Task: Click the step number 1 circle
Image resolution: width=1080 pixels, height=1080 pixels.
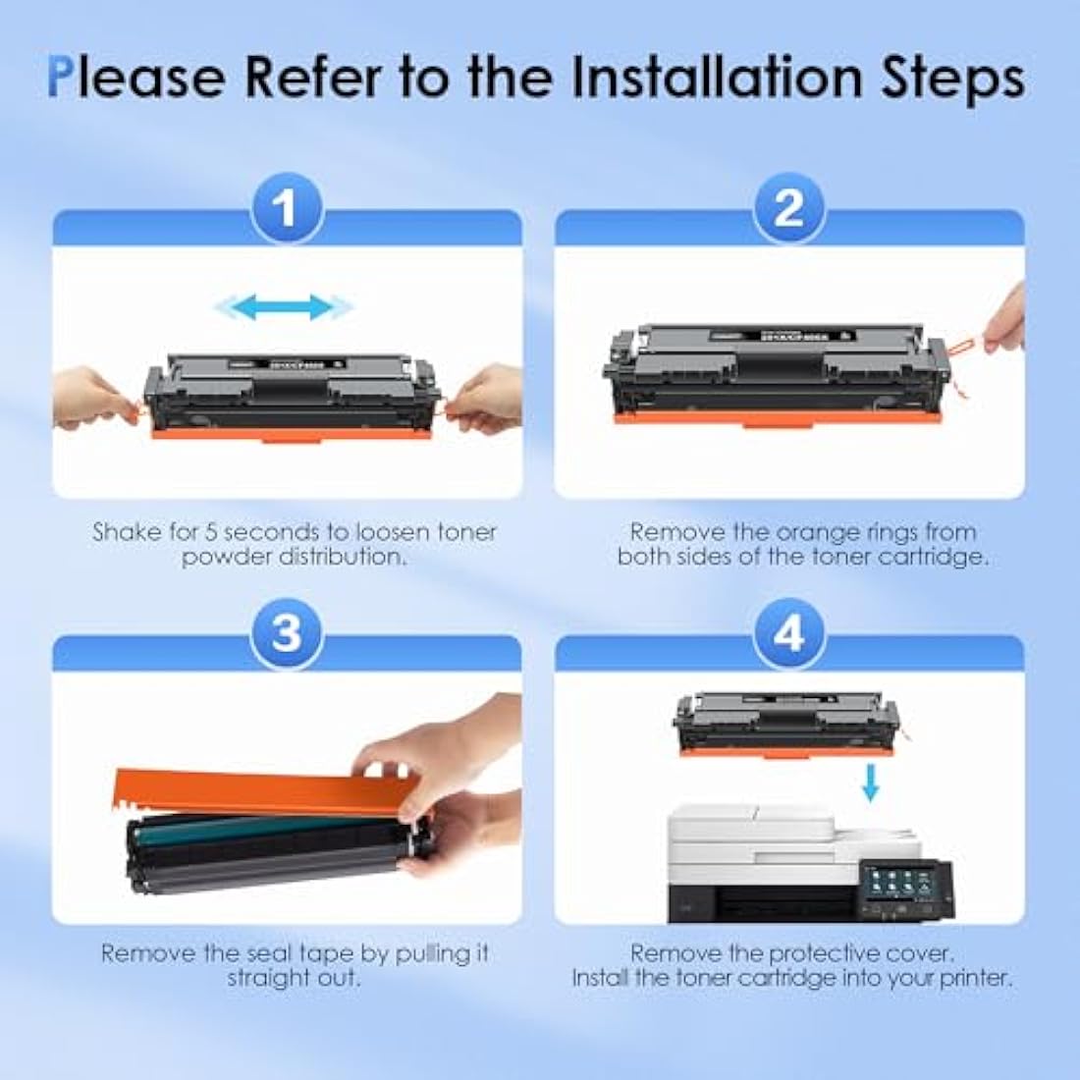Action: [286, 208]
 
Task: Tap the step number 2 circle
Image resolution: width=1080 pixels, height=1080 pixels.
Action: [789, 208]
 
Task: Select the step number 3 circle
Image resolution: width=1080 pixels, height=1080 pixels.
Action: [286, 633]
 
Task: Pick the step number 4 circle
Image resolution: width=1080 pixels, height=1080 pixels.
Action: [789, 633]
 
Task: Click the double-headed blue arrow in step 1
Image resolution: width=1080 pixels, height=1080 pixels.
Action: [285, 307]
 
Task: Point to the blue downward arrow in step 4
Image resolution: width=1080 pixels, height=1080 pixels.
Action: [869, 783]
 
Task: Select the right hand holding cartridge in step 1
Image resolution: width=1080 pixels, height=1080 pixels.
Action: [487, 398]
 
